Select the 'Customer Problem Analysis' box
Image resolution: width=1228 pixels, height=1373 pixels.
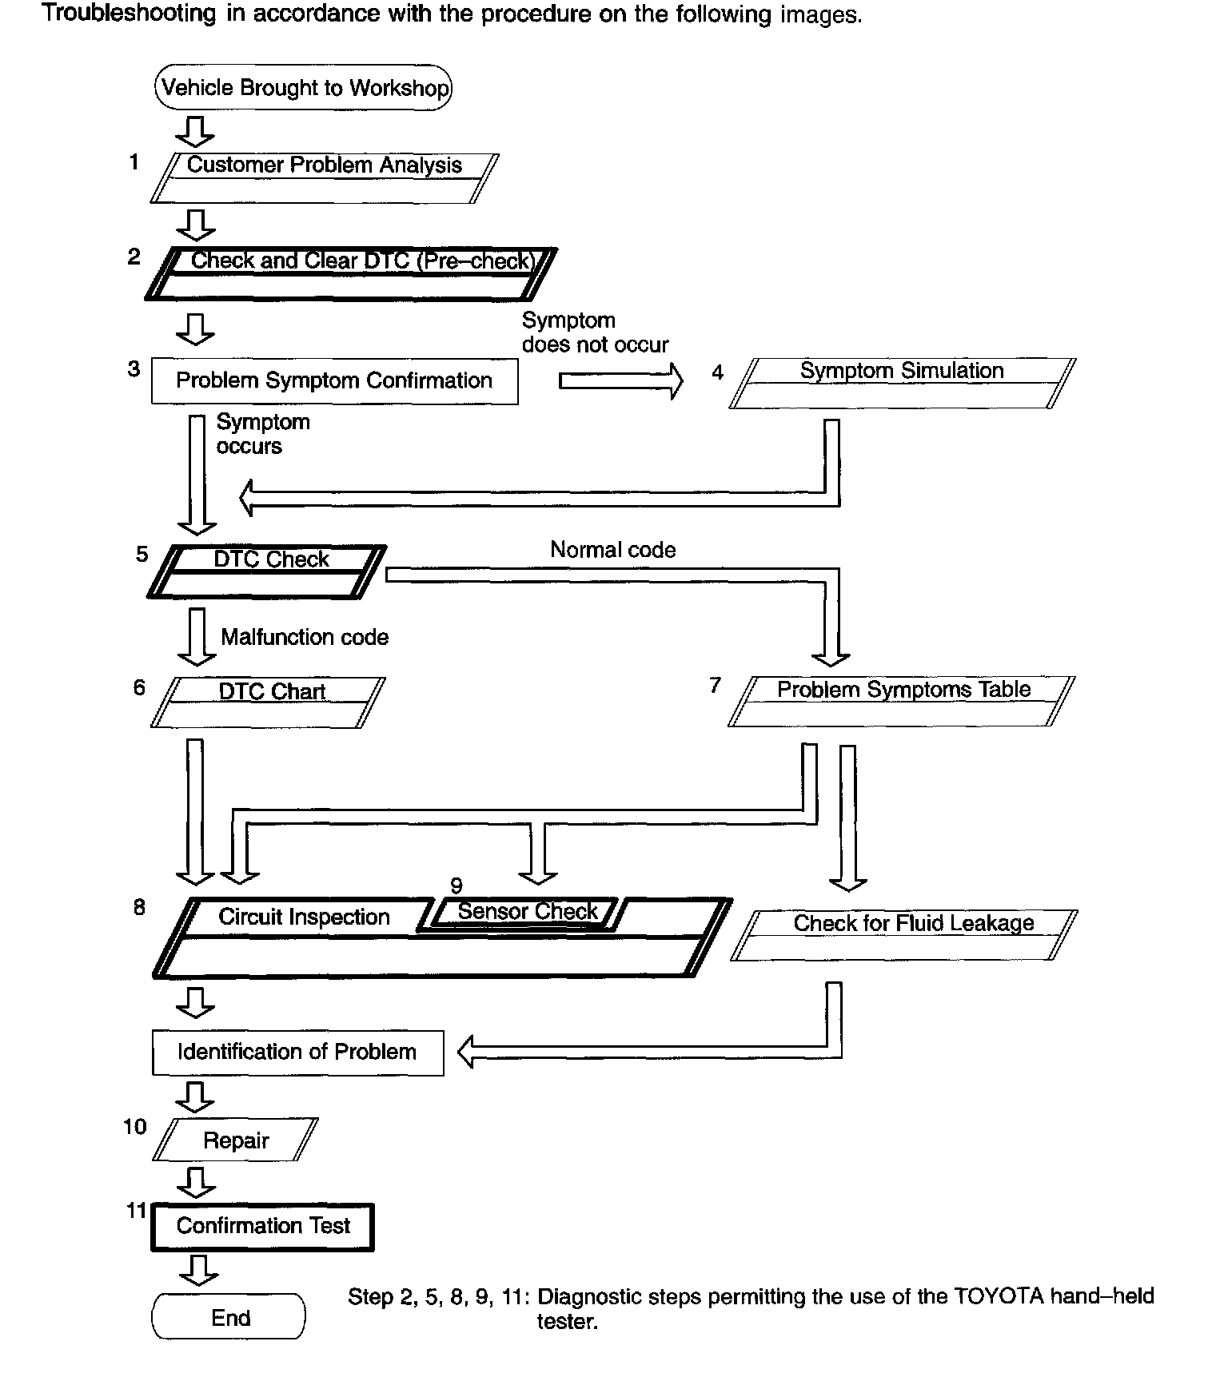tap(324, 177)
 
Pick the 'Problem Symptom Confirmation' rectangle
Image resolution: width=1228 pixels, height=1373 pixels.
tap(334, 380)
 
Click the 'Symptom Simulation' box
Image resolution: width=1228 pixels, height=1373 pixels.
tap(902, 383)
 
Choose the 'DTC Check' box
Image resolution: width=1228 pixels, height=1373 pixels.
tap(267, 571)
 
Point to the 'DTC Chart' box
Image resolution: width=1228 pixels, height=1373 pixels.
tap(268, 702)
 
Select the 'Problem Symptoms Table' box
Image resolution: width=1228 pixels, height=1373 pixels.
tap(902, 701)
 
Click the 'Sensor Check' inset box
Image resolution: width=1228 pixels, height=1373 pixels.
tap(526, 912)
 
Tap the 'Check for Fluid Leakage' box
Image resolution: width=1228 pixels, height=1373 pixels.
tap(904, 934)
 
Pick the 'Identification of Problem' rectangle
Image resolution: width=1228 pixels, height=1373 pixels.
tap(297, 1052)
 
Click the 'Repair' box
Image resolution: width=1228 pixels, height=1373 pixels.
tap(235, 1140)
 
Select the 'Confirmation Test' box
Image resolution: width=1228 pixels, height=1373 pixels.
tap(263, 1226)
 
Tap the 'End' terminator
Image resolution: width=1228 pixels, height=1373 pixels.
tap(229, 1318)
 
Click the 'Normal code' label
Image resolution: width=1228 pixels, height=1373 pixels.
tap(612, 550)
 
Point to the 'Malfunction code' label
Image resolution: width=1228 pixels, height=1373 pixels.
tap(305, 637)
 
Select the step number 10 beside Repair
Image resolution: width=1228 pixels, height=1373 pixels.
tap(135, 1127)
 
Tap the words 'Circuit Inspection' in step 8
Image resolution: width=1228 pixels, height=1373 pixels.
tap(304, 917)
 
